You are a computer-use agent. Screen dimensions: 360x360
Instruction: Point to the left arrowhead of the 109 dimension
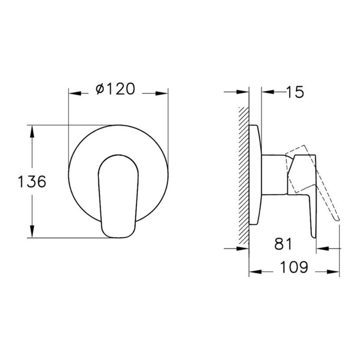pyautogui.click(x=255, y=272)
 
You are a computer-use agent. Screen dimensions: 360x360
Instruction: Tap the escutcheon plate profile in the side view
pyautogui.click(x=255, y=175)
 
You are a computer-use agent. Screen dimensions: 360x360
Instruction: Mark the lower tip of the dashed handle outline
pyautogui.click(x=338, y=220)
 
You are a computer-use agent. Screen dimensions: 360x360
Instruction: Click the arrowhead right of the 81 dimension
pyautogui.click(x=323, y=248)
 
